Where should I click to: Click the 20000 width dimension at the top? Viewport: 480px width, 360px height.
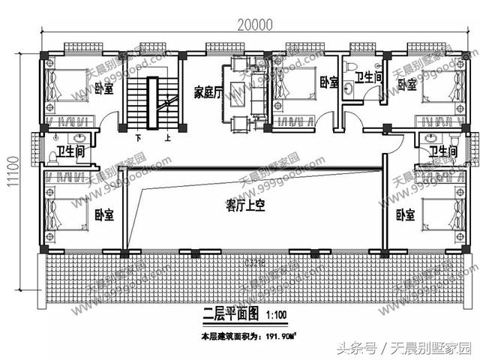tap(255, 24)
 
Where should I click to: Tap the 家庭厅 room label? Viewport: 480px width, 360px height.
tap(208, 93)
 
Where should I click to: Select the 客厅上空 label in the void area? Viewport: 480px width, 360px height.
tap(247, 203)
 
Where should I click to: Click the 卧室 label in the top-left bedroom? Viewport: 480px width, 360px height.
tap(104, 88)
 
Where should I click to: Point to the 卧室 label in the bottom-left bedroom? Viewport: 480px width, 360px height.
tap(104, 215)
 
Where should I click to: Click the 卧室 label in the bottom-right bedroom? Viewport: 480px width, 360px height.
tap(406, 215)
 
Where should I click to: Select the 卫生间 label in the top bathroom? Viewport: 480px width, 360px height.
tap(370, 76)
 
